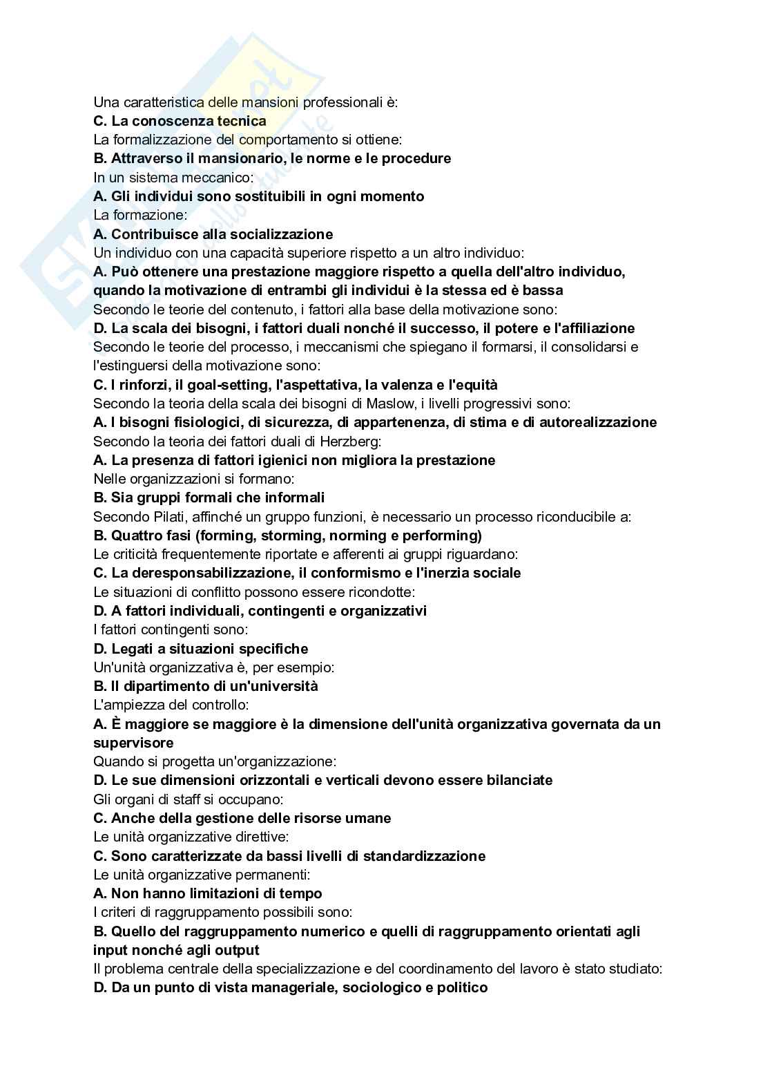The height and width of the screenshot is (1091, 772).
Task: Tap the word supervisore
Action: [x=133, y=743]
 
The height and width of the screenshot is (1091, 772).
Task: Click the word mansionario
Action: [x=240, y=158]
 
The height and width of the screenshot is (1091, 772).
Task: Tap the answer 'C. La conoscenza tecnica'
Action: [x=180, y=121]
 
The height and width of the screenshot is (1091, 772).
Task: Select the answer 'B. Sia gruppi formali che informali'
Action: [x=209, y=497]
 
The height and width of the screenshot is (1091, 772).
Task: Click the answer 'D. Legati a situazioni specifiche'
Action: [x=200, y=649]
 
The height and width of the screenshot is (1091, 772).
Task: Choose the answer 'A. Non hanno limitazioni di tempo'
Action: [x=207, y=893]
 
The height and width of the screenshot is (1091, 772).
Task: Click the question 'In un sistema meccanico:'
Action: [x=173, y=177]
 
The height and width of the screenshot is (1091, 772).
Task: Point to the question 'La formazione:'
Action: [x=135, y=215]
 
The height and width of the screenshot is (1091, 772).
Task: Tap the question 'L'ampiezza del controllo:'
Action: [x=171, y=705]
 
